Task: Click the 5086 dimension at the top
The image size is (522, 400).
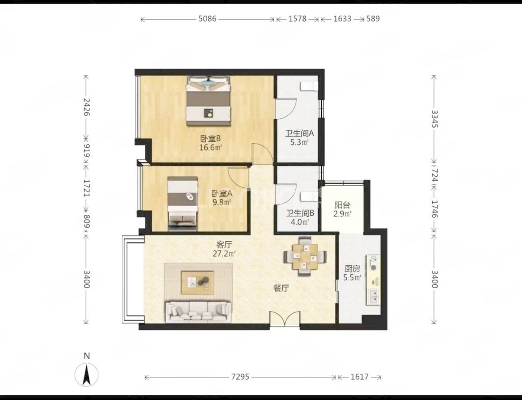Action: point(207,19)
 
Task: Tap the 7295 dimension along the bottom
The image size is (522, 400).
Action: point(240,377)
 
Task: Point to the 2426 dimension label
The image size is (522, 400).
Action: point(86,107)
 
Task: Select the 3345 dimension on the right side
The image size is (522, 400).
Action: point(435,119)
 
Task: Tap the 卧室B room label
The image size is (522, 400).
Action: point(211,138)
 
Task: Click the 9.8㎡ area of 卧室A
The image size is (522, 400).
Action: point(221,202)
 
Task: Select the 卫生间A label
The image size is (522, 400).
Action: point(299,133)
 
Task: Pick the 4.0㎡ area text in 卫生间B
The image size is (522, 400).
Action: point(299,222)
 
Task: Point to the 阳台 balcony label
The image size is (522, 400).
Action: point(343,205)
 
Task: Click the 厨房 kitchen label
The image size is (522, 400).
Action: point(352,268)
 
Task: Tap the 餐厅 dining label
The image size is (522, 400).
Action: point(281,288)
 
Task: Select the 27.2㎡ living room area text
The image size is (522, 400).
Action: point(224,253)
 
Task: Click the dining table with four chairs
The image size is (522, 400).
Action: point(305,256)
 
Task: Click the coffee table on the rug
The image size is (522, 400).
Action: point(197,283)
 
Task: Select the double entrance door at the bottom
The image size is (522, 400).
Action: point(285,319)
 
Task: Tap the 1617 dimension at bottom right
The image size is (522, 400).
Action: point(359,377)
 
